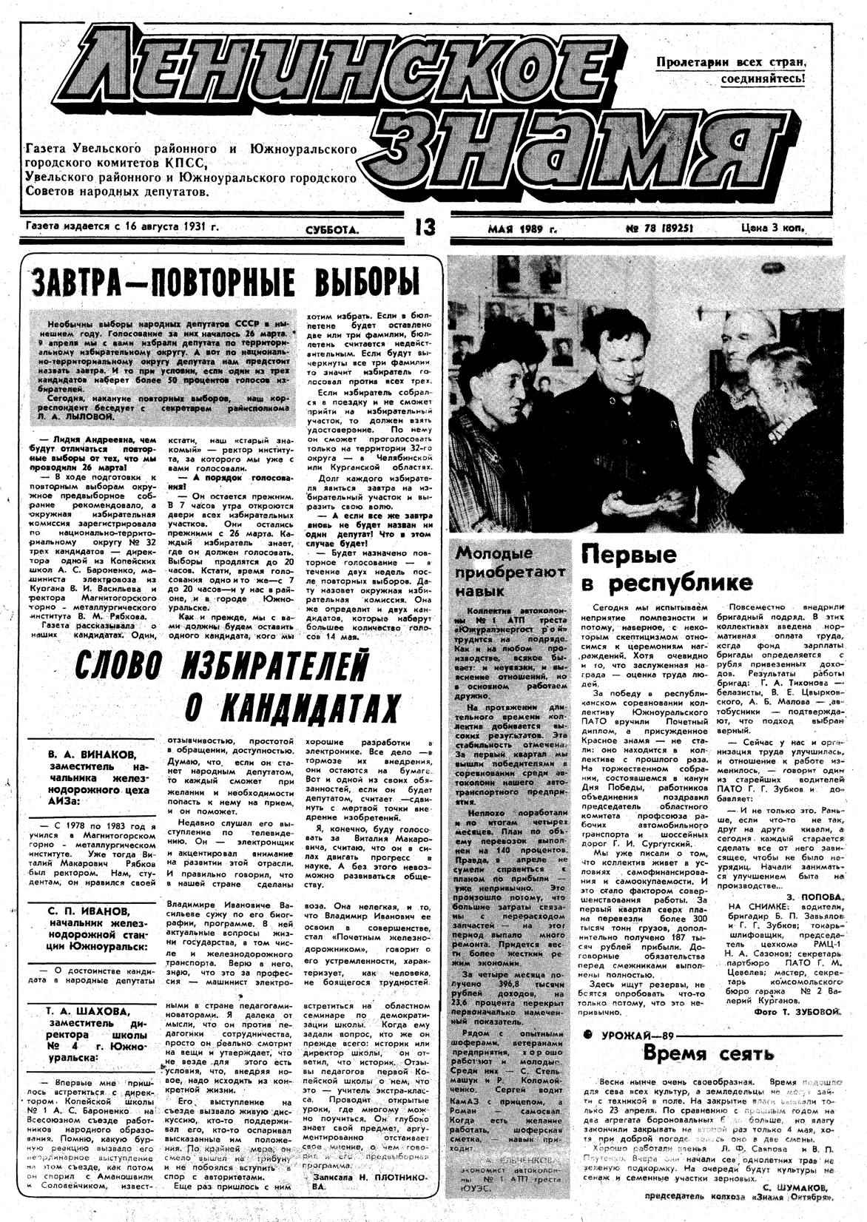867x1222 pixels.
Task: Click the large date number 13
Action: coord(425,228)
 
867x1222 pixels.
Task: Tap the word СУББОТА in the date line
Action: coord(331,230)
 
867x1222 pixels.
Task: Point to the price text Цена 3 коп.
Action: coord(772,228)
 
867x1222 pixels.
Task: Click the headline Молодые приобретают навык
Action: coord(510,572)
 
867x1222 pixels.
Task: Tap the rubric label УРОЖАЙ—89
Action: coord(641,1034)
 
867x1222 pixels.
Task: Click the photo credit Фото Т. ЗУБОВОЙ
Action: coord(798,1010)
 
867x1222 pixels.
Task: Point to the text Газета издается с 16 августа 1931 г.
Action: coord(122,227)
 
